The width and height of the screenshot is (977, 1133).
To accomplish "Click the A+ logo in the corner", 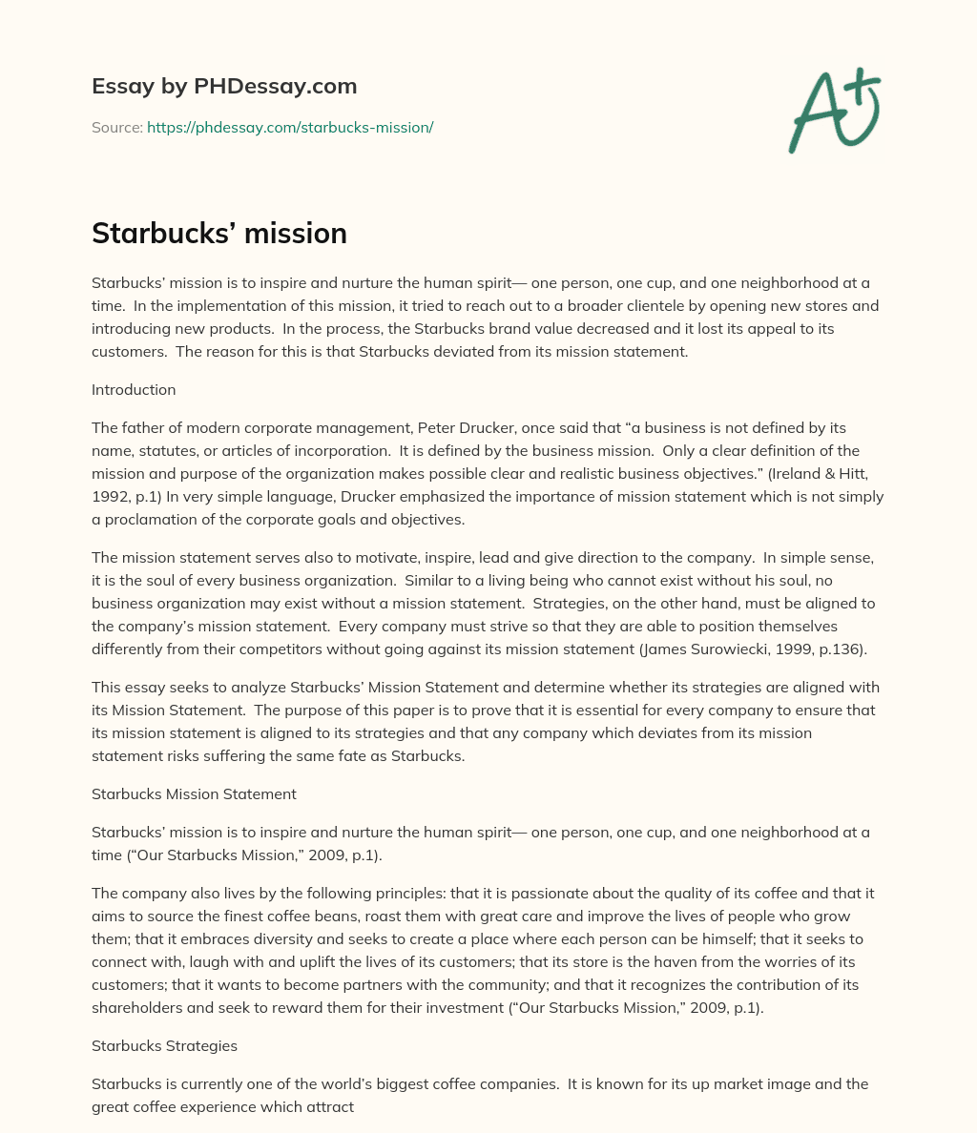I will [x=834, y=111].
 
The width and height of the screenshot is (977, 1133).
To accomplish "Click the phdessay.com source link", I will [x=290, y=127].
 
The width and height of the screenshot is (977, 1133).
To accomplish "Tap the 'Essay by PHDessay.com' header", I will [x=224, y=87].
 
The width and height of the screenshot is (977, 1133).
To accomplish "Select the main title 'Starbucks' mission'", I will [x=219, y=234].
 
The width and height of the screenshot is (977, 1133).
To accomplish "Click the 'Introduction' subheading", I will [x=134, y=390].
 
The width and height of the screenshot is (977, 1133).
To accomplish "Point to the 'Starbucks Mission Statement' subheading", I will [x=194, y=793].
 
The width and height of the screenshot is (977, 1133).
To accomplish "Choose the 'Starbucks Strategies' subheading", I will [x=164, y=1045].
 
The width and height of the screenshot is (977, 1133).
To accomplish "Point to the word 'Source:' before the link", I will [x=117, y=127].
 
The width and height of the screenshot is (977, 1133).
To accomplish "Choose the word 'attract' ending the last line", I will [x=330, y=1106].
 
